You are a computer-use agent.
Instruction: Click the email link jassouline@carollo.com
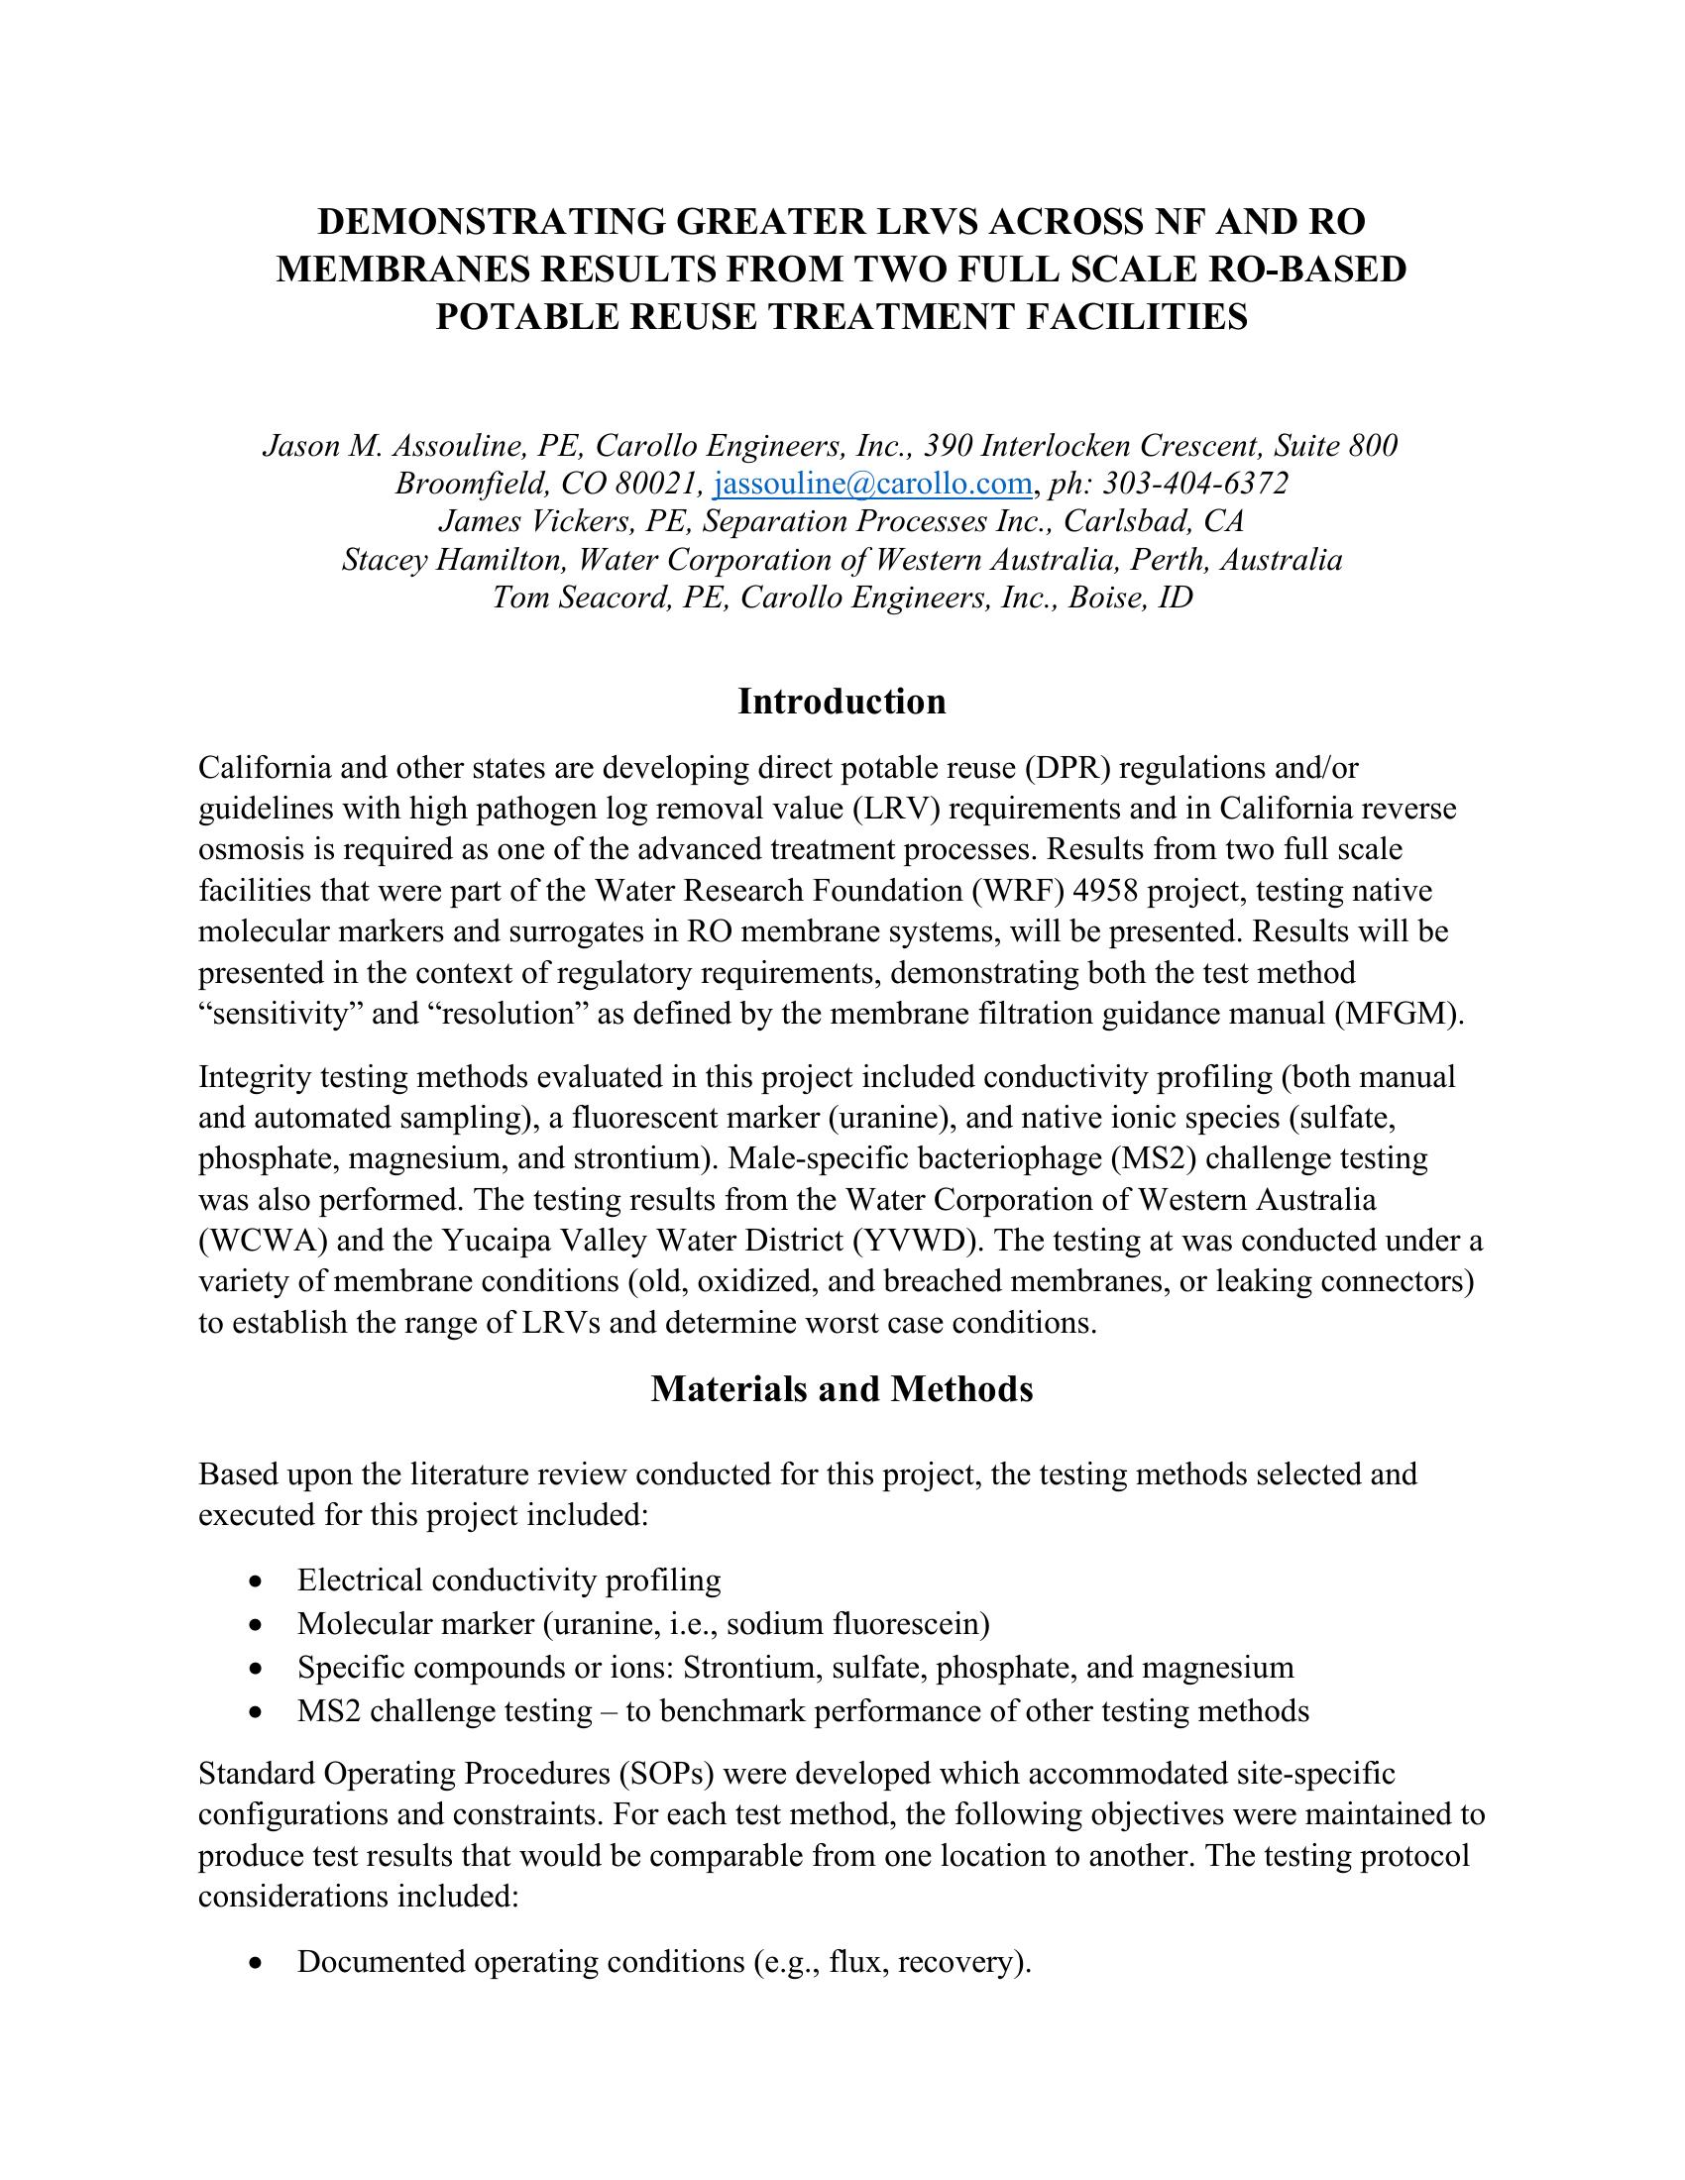coord(873,485)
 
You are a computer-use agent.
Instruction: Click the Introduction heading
coord(842,702)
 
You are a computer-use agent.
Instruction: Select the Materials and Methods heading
coord(842,1388)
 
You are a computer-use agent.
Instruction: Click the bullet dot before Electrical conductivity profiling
coord(259,1581)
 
